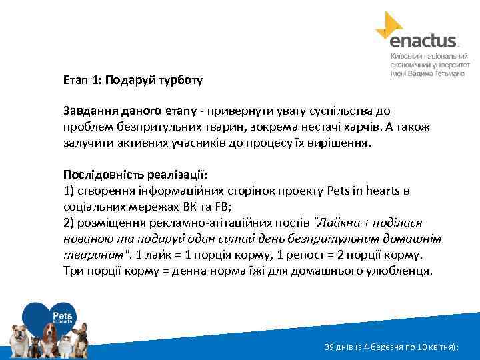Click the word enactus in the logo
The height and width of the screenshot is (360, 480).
tap(423, 41)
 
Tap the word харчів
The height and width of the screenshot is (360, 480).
tap(360, 126)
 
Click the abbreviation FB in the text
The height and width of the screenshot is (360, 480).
tap(194, 207)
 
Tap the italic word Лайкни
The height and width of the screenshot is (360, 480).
tap(347, 223)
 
